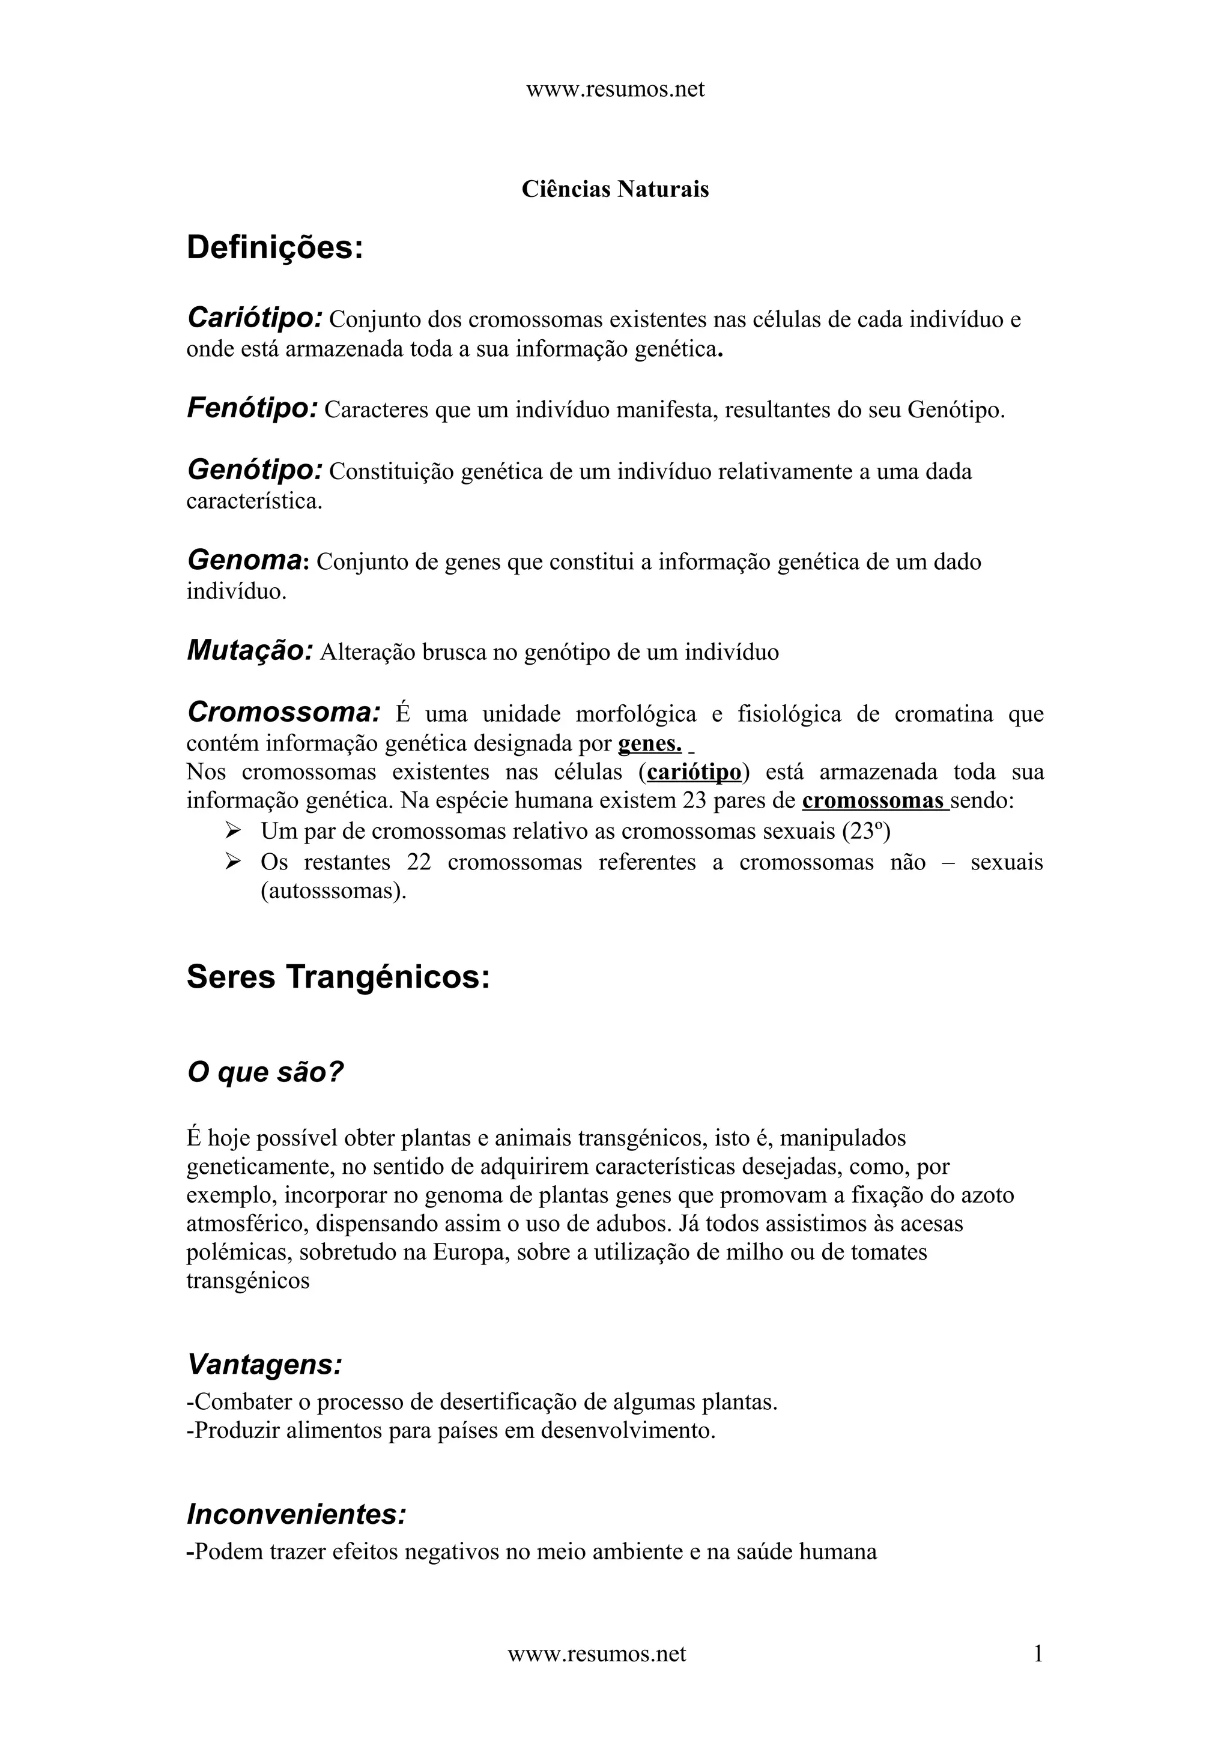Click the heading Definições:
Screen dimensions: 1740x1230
coord(274,249)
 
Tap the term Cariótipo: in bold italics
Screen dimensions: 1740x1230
coord(255,318)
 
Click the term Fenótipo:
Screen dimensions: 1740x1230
coord(252,409)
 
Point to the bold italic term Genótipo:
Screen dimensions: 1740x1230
coord(255,471)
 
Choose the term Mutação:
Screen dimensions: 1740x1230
coord(250,651)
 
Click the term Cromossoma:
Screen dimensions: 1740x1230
coord(283,712)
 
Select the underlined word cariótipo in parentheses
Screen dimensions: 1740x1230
coord(694,772)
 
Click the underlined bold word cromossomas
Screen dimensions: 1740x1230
coord(873,801)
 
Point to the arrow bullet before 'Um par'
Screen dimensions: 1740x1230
coord(232,832)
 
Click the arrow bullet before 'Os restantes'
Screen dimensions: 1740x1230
coord(232,862)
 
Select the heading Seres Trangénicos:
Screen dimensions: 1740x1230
coord(338,977)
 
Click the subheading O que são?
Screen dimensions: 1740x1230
coord(265,1072)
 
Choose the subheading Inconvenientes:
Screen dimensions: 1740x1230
coord(296,1515)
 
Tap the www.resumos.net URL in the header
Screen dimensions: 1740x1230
coord(614,89)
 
